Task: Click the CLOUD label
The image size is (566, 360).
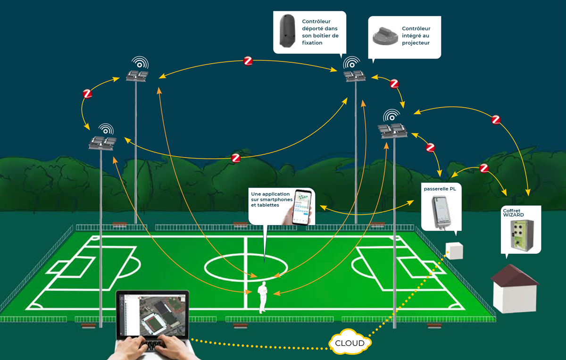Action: click(x=350, y=343)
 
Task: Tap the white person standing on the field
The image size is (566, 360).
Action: click(x=263, y=297)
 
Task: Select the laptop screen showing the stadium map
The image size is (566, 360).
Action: click(x=153, y=314)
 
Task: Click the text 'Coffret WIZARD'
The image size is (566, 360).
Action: click(x=513, y=212)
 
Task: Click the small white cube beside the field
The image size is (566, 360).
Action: click(x=454, y=251)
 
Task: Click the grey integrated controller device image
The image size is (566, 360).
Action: click(x=385, y=35)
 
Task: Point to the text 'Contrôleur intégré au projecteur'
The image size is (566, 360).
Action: click(x=416, y=36)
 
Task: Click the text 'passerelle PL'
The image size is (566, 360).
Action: click(x=440, y=189)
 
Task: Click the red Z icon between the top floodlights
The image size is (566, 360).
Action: click(x=248, y=61)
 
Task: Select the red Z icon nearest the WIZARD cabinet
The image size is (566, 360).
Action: click(x=483, y=168)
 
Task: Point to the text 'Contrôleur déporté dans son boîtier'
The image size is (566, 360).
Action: click(x=320, y=32)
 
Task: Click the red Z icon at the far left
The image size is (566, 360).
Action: click(x=87, y=94)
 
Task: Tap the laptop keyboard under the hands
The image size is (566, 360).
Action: click(x=152, y=345)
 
